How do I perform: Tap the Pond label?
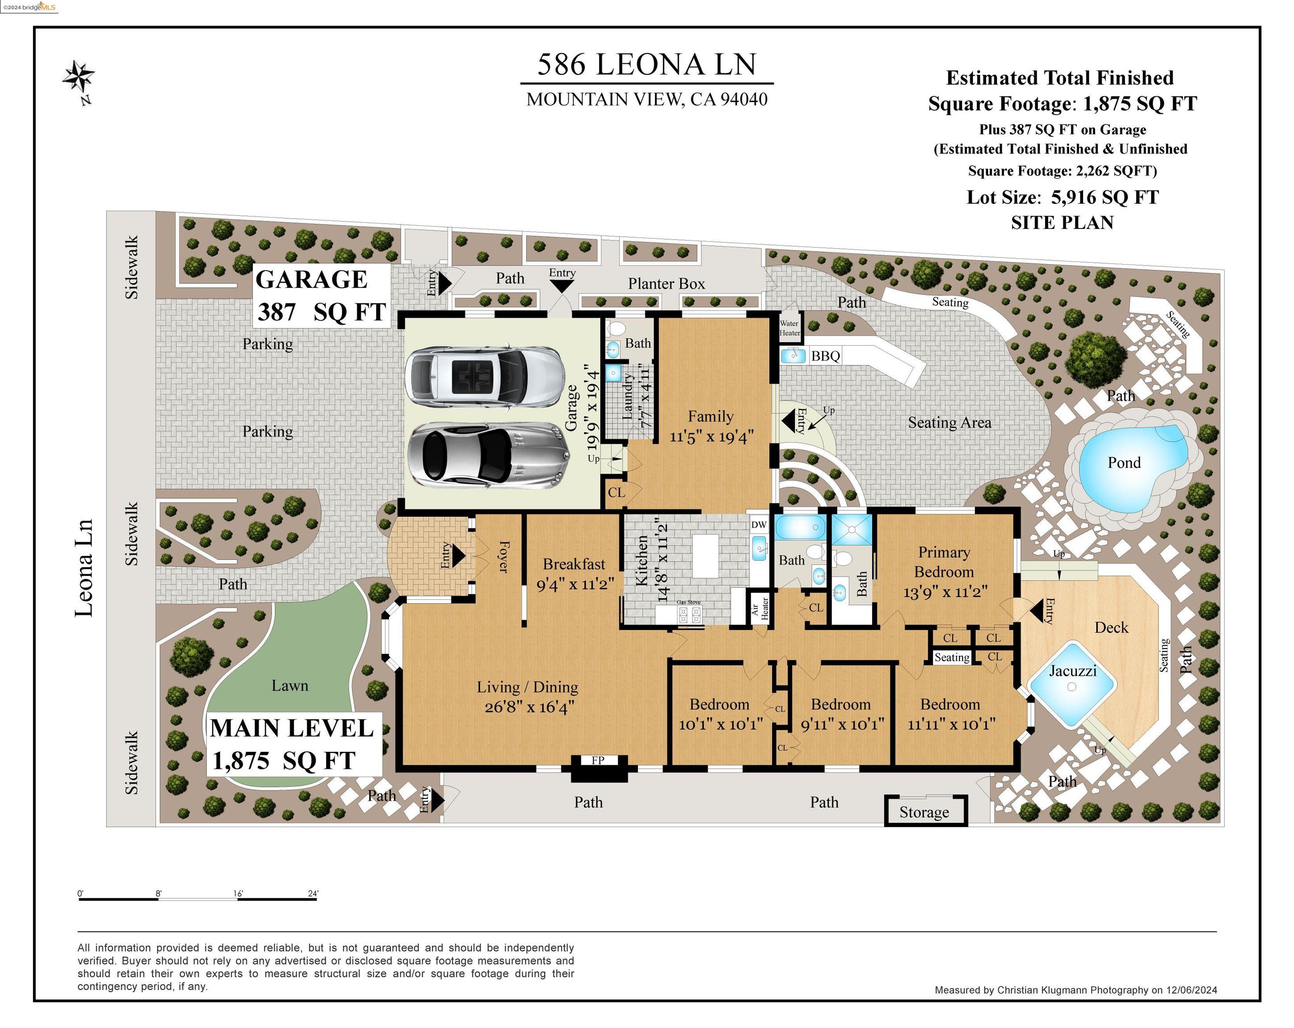(x=1124, y=462)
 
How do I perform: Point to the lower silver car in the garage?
(x=486, y=453)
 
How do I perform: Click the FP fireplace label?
(x=598, y=760)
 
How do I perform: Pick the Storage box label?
(x=924, y=812)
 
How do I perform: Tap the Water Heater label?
(x=789, y=328)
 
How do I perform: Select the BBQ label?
(x=825, y=356)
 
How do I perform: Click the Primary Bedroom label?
(x=944, y=562)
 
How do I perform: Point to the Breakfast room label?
(x=574, y=564)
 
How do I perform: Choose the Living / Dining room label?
(x=528, y=687)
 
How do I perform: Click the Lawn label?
(x=290, y=685)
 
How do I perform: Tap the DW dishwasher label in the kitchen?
(x=759, y=524)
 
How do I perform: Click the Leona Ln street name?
(x=84, y=568)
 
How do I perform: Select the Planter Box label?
(x=666, y=283)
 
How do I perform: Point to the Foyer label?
(x=504, y=557)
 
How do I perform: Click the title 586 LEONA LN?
(x=646, y=64)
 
